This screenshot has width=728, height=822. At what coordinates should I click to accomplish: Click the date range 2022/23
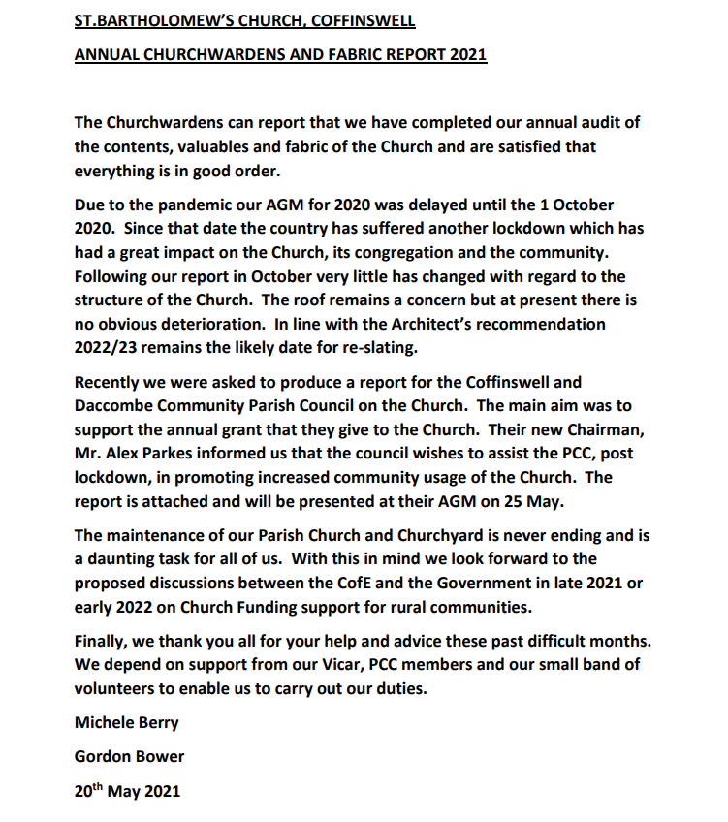110,347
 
